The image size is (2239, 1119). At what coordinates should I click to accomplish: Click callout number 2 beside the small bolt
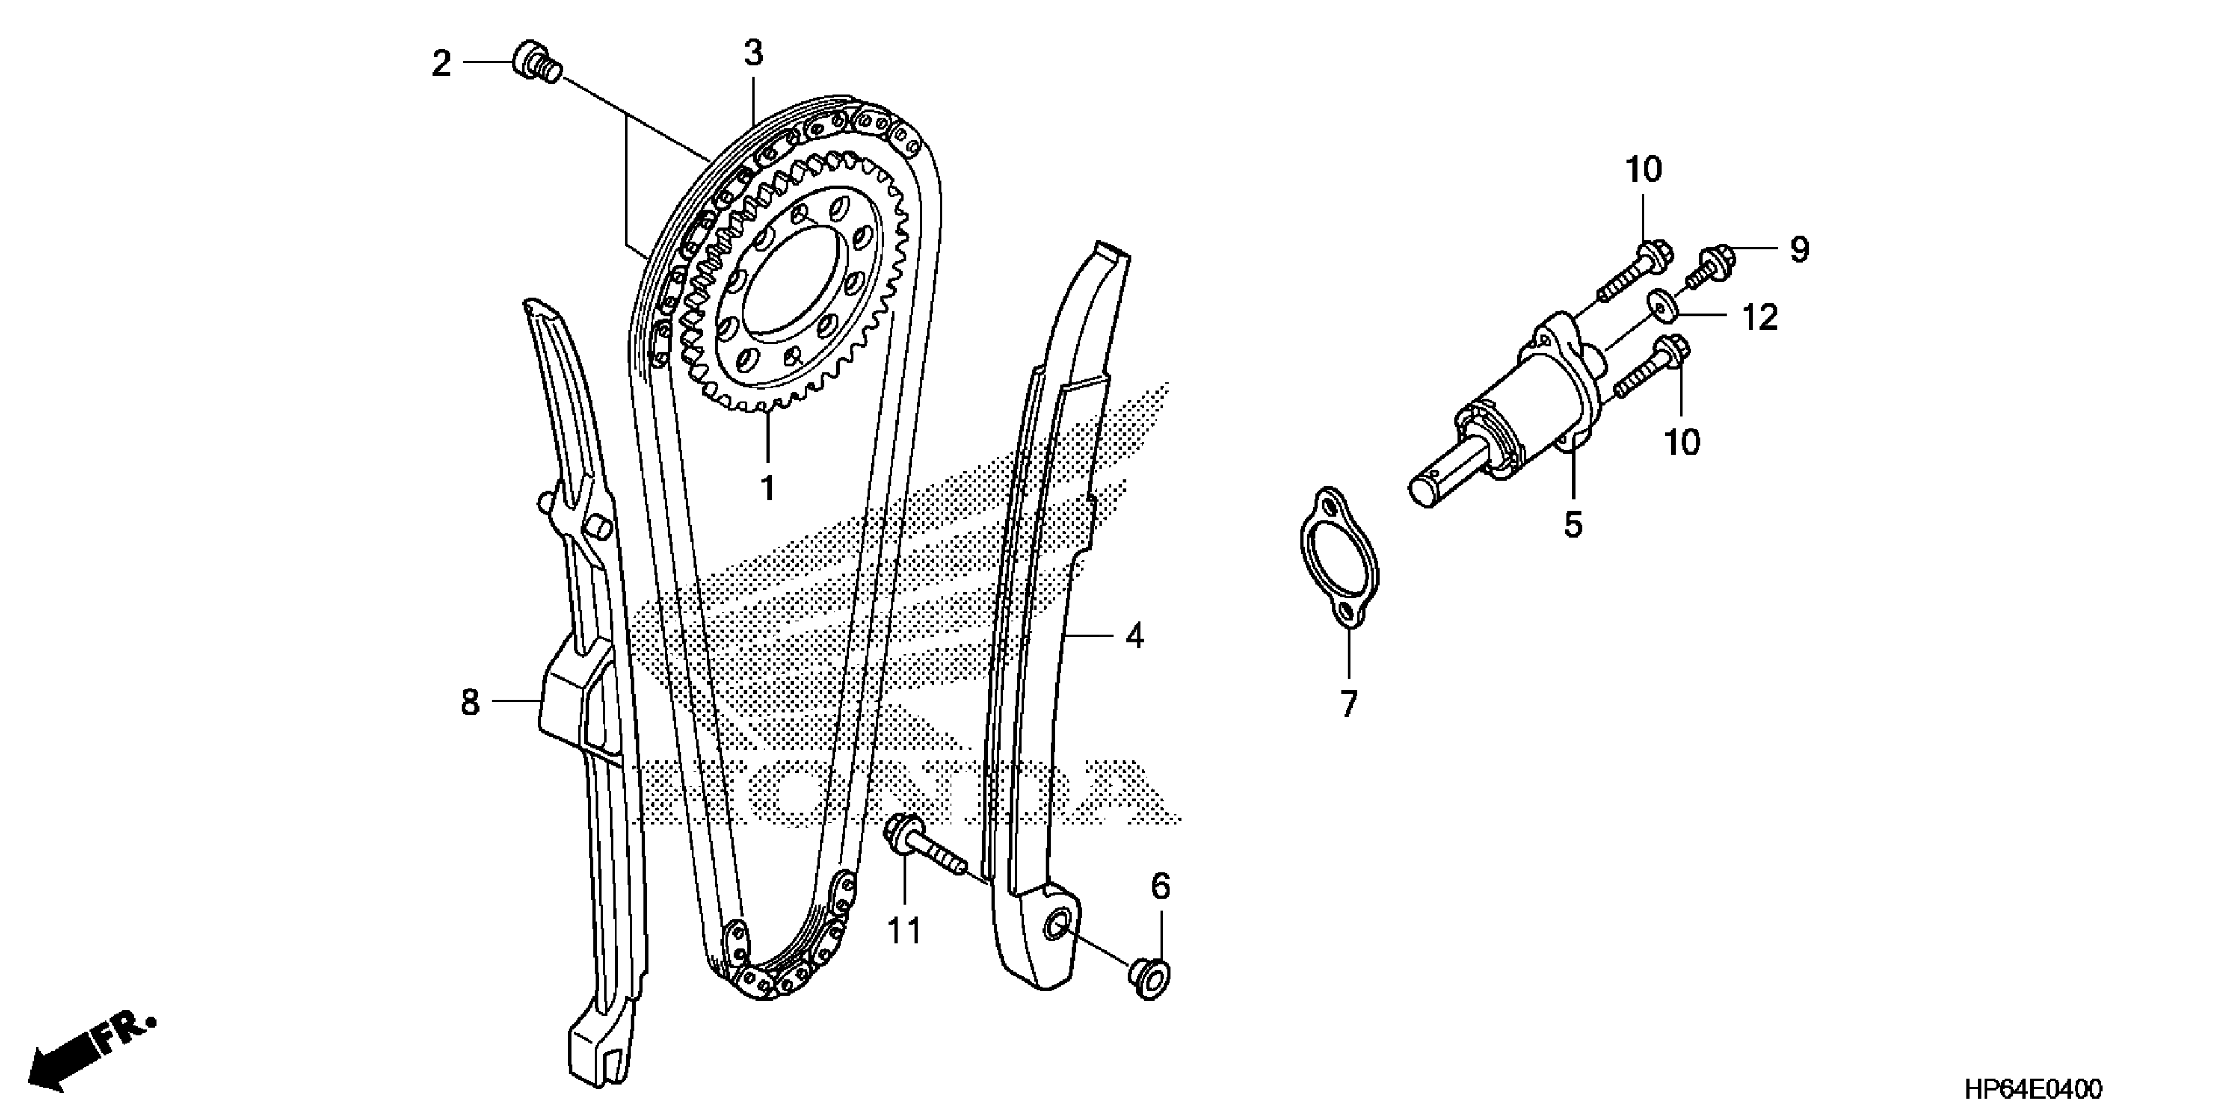441,65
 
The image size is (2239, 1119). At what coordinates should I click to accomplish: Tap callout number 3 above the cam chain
753,54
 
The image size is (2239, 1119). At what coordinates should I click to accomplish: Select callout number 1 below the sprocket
767,488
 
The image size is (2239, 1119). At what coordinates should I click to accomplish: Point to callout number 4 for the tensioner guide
1134,637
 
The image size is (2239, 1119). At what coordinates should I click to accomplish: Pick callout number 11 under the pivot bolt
903,932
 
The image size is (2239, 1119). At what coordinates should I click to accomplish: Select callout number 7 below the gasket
1348,704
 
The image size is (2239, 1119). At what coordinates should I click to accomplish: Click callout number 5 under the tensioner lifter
1573,525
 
